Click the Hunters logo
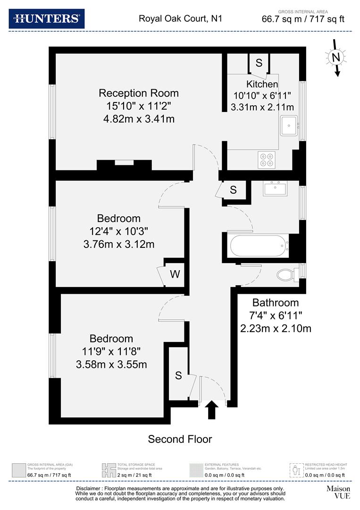coord(46,18)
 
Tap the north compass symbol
coord(335,58)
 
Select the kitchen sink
coord(288,126)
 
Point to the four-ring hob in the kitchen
coord(267,160)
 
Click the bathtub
coord(257,245)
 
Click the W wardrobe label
coord(175,274)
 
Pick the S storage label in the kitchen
coord(259,62)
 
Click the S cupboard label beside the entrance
coord(178,376)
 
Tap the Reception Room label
coord(138,93)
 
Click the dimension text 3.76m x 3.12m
coord(118,244)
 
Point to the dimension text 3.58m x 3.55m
coord(111,365)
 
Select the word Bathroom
coord(276,303)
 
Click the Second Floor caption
coord(180,439)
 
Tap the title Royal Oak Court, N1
coord(180,19)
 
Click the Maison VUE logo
coord(338,492)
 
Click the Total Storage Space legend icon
coord(108,470)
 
